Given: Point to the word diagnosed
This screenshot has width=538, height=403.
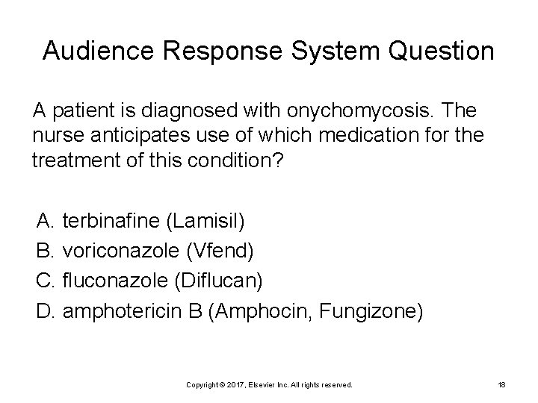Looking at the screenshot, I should click(177, 110).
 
